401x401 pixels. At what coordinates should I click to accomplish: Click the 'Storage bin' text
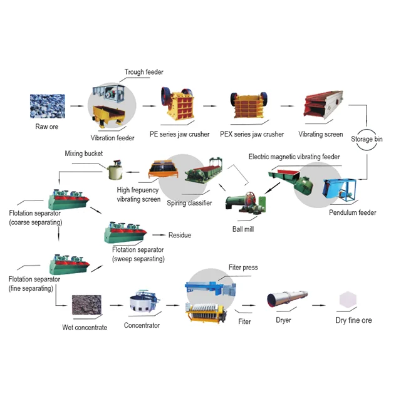(367, 139)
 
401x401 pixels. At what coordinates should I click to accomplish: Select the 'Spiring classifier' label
(189, 203)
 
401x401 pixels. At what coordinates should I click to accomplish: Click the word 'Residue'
(180, 236)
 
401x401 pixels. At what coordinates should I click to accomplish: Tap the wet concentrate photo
(85, 306)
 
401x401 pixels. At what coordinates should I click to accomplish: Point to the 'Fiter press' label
(243, 268)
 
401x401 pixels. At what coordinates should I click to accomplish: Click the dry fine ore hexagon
(348, 301)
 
